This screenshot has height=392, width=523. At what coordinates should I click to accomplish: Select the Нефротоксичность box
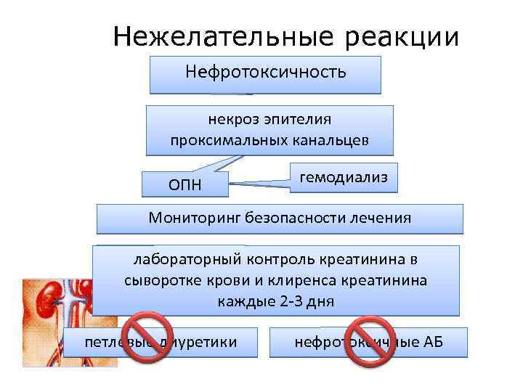point(265,74)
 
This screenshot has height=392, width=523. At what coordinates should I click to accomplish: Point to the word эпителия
point(299,118)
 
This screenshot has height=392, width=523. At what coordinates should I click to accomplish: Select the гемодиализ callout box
point(344,176)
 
